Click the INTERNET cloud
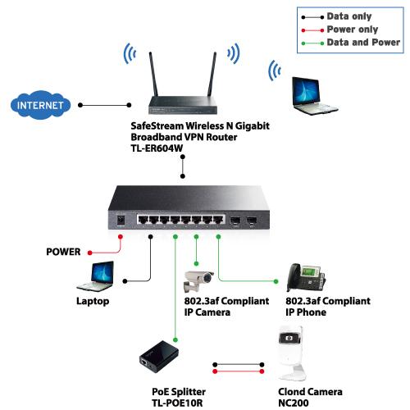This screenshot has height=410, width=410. [40, 105]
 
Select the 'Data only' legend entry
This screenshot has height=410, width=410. [336, 16]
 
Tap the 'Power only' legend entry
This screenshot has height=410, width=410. [339, 30]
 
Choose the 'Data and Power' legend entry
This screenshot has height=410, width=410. [351, 43]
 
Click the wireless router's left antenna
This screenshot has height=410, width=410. [153, 74]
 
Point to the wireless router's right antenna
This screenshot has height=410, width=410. [212, 74]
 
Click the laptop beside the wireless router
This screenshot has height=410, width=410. [314, 96]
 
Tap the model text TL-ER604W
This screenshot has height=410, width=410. [157, 148]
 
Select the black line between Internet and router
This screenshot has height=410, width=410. [105, 105]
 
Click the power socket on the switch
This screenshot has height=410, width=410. [121, 220]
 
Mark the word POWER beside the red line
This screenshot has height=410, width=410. [63, 252]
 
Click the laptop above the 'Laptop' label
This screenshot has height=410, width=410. [95, 276]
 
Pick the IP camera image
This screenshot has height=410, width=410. [198, 281]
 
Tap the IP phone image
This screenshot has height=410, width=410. [306, 278]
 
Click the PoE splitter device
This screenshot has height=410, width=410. [159, 357]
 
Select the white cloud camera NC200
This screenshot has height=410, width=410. [292, 353]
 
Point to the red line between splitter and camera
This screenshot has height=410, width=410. [239, 371]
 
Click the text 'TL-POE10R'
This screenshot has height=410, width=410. [177, 403]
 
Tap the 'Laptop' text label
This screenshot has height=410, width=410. [93, 301]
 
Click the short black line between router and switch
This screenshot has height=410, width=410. [183, 166]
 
